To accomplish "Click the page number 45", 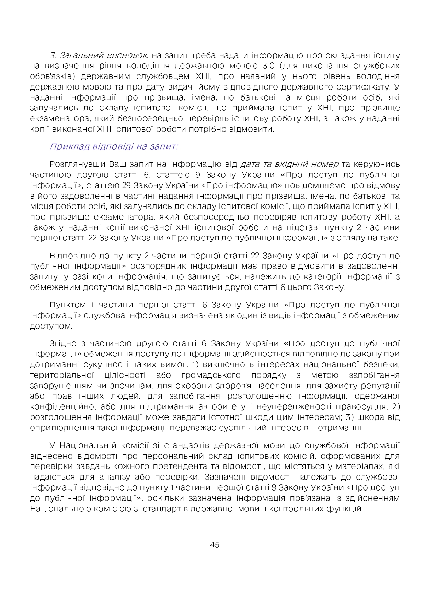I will tap(215, 545).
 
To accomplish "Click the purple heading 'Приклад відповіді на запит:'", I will tap(114, 146).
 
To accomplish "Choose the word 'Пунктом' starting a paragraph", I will tap(68, 305).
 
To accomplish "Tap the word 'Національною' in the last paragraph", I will tap(60, 509).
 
